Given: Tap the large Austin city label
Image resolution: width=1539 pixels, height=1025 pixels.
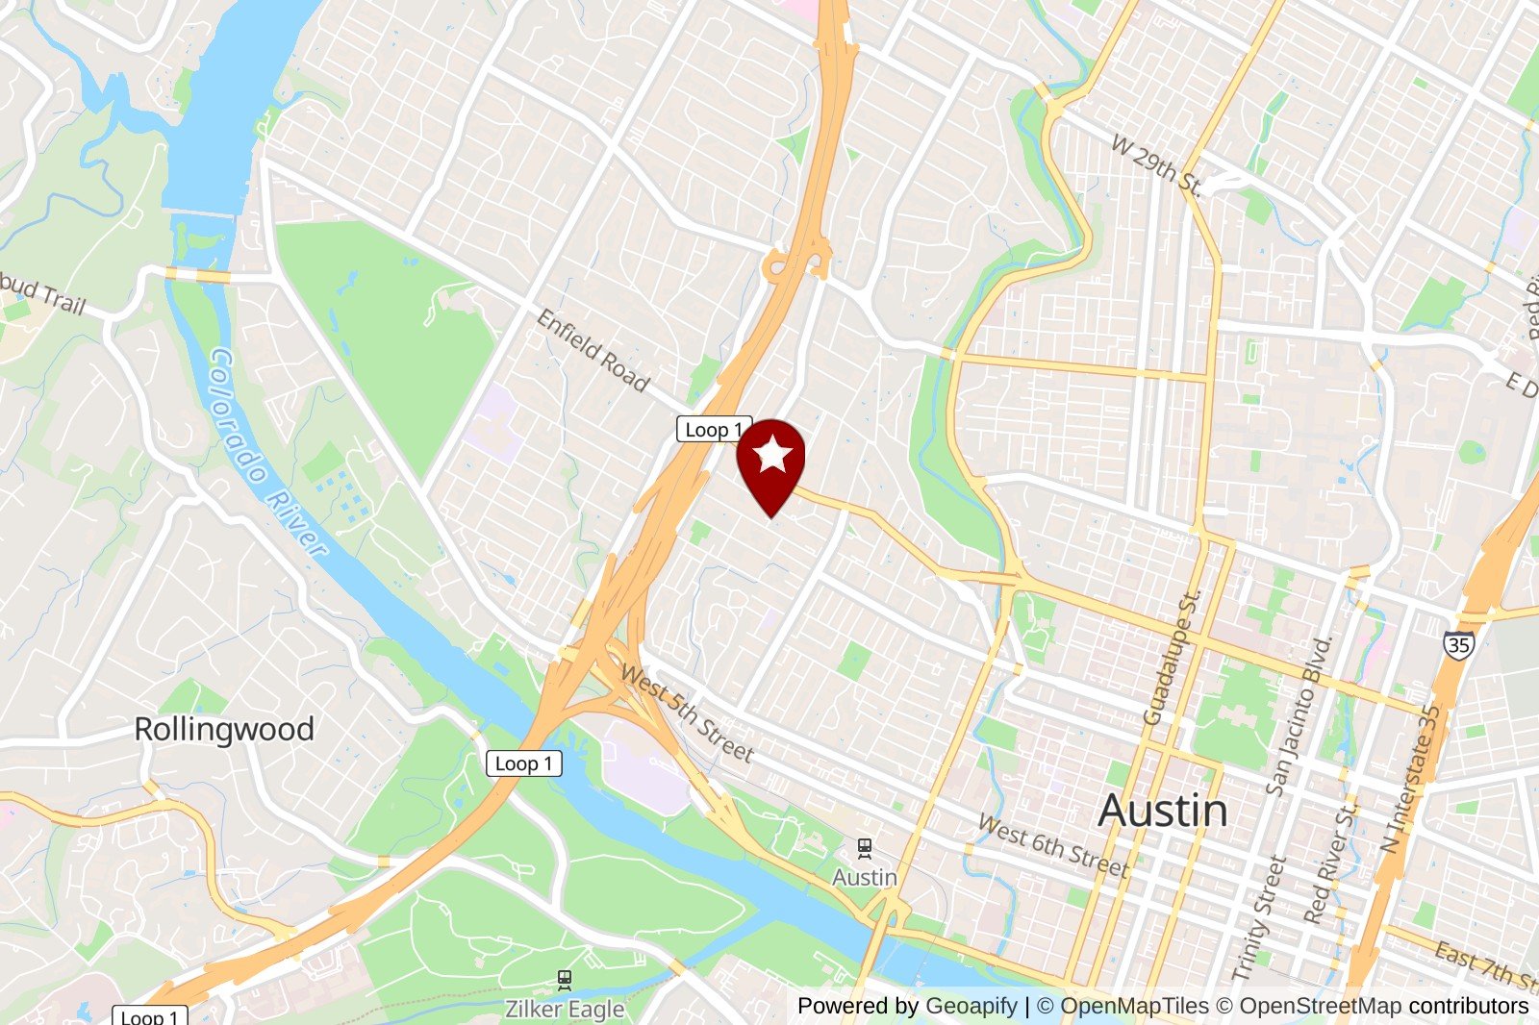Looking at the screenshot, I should pyautogui.click(x=1163, y=811).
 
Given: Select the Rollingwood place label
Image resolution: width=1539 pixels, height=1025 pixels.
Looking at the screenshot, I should pyautogui.click(x=224, y=729).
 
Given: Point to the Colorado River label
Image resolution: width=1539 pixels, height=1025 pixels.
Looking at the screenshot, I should pyautogui.click(x=267, y=452).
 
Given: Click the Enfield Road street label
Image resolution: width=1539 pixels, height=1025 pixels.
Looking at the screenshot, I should pyautogui.click(x=593, y=350).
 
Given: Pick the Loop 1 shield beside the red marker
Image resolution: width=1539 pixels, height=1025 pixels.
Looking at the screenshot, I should pyautogui.click(x=713, y=430).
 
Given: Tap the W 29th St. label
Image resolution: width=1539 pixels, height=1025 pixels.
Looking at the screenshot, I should pyautogui.click(x=1156, y=165).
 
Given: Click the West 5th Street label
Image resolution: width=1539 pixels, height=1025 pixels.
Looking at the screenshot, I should pyautogui.click(x=686, y=714).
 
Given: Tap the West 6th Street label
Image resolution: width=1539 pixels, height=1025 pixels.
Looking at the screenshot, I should pyautogui.click(x=1052, y=846).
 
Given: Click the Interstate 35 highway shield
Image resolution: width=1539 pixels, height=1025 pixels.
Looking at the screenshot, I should pyautogui.click(x=1458, y=644).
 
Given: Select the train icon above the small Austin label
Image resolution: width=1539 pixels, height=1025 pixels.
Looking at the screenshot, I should pyautogui.click(x=865, y=848).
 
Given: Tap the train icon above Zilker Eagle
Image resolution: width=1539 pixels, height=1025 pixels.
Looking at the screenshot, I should pyautogui.click(x=565, y=980).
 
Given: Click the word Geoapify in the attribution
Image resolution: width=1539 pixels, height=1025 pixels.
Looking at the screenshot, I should pyautogui.click(x=971, y=1006).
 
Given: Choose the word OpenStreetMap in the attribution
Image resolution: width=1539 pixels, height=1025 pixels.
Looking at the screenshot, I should pyautogui.click(x=1320, y=1006).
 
